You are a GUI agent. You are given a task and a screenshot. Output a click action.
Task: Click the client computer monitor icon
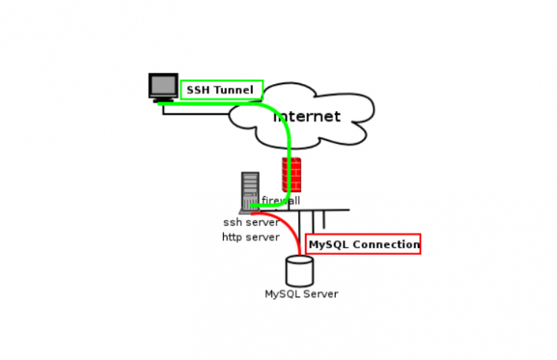[x=163, y=85]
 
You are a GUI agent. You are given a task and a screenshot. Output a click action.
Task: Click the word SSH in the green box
[x=198, y=90]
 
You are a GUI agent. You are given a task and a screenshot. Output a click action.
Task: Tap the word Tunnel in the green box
[x=233, y=90]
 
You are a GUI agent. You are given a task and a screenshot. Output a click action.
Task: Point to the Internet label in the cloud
[x=307, y=116]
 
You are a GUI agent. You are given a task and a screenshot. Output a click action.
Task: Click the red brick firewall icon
[x=291, y=174]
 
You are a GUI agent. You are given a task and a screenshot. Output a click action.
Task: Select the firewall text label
[x=281, y=201]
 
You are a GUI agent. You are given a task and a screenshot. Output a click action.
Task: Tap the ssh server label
[x=251, y=223]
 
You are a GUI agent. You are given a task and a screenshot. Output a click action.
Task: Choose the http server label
[x=251, y=237]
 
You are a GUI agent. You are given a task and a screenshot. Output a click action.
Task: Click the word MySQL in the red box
[x=328, y=245]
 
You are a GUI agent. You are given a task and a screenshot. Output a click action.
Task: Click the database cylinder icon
[x=300, y=272]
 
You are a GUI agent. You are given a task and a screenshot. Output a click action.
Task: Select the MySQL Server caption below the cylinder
[x=301, y=294]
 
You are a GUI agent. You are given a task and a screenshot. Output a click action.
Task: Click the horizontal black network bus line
[x=322, y=209]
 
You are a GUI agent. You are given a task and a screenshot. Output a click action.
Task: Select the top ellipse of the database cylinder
[x=300, y=260]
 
